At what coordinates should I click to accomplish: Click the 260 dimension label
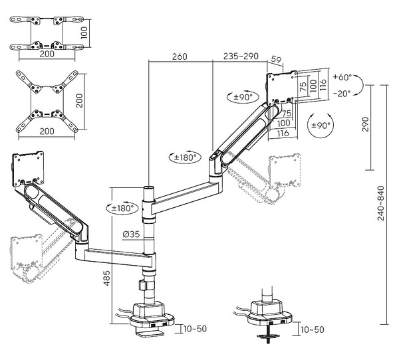[x=180, y=57]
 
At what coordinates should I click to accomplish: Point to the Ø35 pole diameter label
[x=132, y=233]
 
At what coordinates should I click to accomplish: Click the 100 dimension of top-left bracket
[x=84, y=32]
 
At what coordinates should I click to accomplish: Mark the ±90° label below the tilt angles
[x=321, y=126]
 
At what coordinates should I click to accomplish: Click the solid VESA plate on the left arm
[x=29, y=167]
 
